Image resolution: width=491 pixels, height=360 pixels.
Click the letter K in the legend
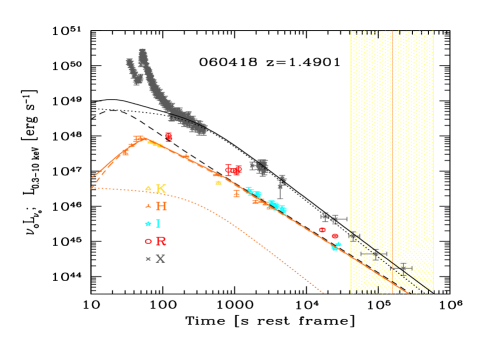pos(161,188)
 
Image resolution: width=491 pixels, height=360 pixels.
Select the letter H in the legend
pos(161,206)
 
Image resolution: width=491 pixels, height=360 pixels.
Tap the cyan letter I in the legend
pos(159,223)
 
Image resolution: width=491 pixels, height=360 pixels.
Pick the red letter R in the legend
pos(161,241)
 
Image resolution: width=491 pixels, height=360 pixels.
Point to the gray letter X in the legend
pos(161,258)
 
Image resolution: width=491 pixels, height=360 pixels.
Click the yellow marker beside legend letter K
pos(148,188)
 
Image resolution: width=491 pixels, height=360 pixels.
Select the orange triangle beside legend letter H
pos(148,206)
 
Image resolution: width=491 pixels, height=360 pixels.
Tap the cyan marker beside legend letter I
pos(148,224)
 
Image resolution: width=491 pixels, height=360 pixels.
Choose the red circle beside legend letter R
pos(148,241)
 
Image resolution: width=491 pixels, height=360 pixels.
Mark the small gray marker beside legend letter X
pos(148,258)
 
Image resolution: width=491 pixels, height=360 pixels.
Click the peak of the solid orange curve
pos(141,137)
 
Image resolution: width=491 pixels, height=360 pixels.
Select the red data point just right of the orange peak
pos(169,136)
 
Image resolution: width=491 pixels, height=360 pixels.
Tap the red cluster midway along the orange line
pos(233,170)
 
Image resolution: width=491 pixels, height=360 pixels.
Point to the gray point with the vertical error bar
pos(282,184)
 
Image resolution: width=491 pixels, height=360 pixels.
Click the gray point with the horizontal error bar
pos(338,218)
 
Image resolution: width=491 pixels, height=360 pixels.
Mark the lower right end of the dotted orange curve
pos(322,292)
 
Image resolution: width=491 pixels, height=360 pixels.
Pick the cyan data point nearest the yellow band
pos(335,246)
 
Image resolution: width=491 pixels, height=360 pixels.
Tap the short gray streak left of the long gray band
pos(132,70)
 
